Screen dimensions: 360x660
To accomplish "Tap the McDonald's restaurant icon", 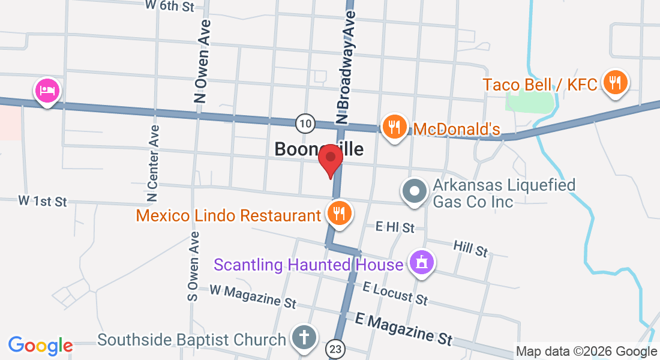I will [394, 127].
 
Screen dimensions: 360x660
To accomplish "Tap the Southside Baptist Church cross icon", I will [304, 337].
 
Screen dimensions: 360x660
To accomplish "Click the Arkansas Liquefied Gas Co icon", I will [414, 191].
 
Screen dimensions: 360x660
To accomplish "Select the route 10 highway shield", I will [305, 124].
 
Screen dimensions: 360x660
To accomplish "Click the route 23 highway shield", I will [335, 348].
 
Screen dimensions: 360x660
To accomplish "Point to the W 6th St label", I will [170, 7].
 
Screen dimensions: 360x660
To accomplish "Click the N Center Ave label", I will [154, 163].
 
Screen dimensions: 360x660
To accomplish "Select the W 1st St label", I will [43, 201].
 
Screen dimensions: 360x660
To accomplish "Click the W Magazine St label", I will [253, 296].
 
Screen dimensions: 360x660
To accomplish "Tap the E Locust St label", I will [395, 293].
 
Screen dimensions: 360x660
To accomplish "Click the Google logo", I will [40, 346].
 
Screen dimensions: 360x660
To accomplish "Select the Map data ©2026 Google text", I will [587, 352].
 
